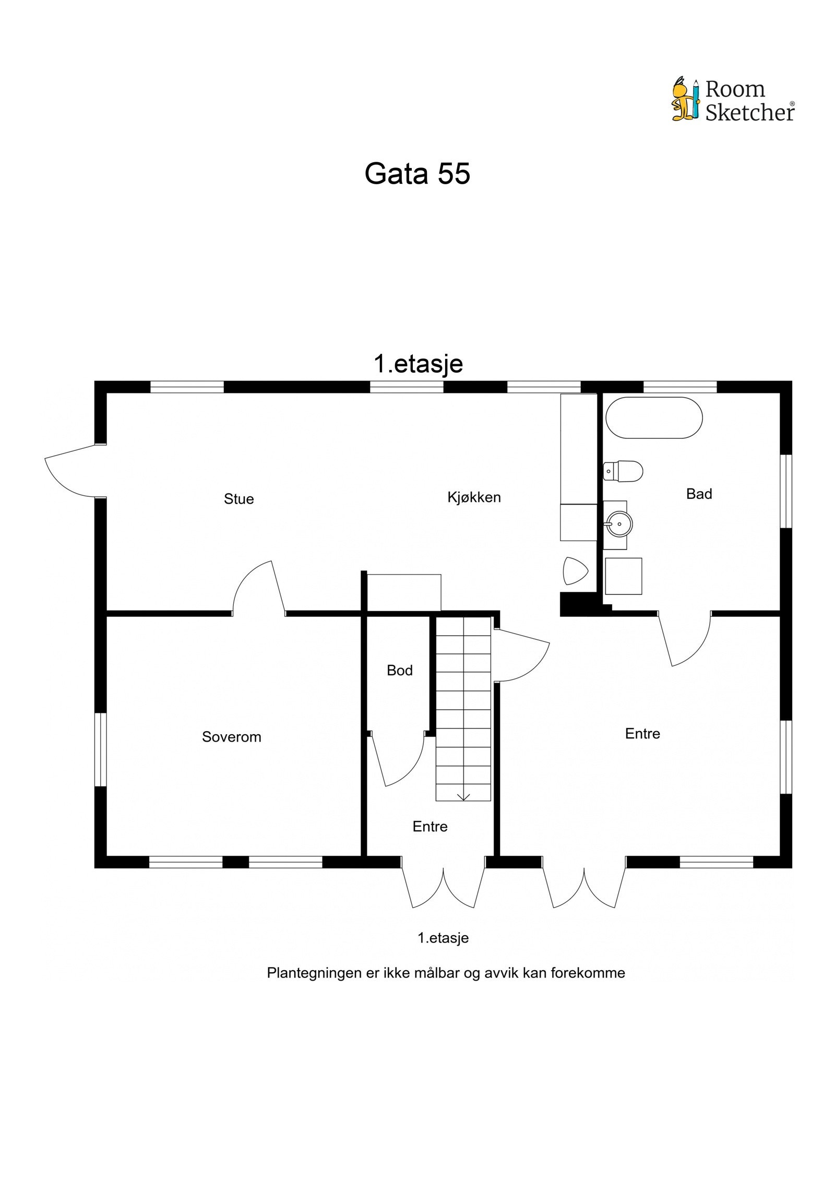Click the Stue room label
coord(238,498)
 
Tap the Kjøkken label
coord(473,497)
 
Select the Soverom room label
coord(231,736)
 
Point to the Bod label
coord(399,670)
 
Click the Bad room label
coord(698,494)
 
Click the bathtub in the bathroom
coord(653,418)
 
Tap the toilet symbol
coord(622,471)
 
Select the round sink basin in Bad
coord(619,523)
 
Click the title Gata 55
coord(417,173)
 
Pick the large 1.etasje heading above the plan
coord(417,363)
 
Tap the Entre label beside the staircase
coord(430,826)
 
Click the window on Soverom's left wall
coord(100,749)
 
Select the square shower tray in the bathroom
coord(623,576)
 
